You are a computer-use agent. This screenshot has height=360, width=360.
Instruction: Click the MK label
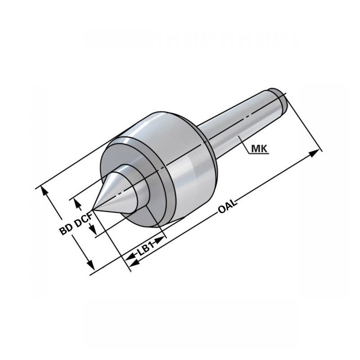click(260, 149)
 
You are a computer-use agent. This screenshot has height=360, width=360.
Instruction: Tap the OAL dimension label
click(227, 206)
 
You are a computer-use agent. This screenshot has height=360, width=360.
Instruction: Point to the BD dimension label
click(66, 229)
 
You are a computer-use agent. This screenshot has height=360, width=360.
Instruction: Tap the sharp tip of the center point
click(92, 209)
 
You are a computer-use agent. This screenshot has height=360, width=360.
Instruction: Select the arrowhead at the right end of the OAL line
click(314, 153)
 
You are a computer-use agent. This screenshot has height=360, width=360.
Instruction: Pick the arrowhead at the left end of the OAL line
click(134, 262)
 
